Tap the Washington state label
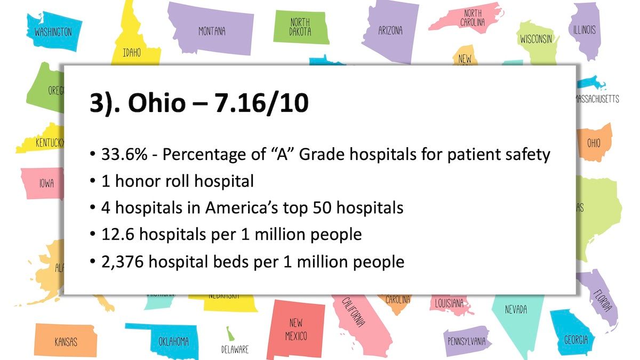[x=53, y=32]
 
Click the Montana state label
[x=212, y=31]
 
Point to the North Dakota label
[x=300, y=27]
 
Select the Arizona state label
[x=390, y=30]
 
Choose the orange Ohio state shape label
[x=594, y=143]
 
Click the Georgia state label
[x=576, y=340]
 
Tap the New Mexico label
[x=295, y=329]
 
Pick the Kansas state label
[x=66, y=341]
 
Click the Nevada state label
[x=516, y=309]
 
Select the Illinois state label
[x=584, y=30]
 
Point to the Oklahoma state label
[x=173, y=341]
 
